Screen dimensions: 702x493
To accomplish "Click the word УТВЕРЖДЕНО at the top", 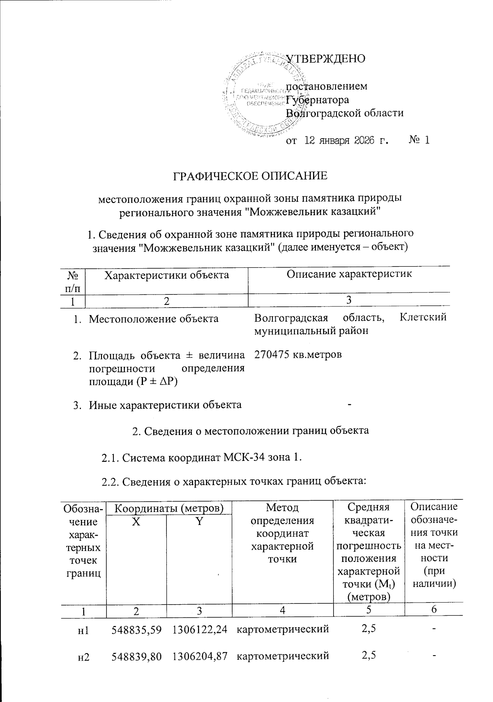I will [x=325, y=59].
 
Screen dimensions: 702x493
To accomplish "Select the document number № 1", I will [x=419, y=140].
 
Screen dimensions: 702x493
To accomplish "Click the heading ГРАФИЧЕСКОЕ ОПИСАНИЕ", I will [x=250, y=176].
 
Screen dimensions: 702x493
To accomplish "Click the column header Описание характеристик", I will [x=349, y=274].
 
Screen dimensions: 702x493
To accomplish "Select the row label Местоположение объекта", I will [x=154, y=318].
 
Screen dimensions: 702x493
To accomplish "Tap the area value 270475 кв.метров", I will [x=298, y=354].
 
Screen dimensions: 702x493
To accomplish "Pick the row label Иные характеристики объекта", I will [x=165, y=405].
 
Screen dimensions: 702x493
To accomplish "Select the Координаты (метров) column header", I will [x=168, y=509].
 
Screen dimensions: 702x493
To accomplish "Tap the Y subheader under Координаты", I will [x=199, y=522].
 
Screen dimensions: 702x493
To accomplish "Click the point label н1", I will [x=83, y=630].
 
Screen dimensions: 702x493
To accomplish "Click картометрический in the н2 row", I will [x=283, y=656].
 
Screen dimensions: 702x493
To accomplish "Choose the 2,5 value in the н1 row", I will [x=369, y=629].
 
